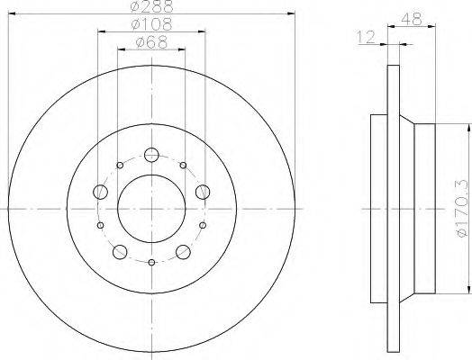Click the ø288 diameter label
coord(152,6)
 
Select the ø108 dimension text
coord(152,24)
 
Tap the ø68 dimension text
coord(151,42)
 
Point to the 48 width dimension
coord(412,19)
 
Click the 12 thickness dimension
coord(366,37)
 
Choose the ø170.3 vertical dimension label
coord(462,208)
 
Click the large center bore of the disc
coord(151,209)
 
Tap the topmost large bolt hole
coord(151,155)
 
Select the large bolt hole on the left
coord(100,192)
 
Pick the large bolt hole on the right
coord(203,192)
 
